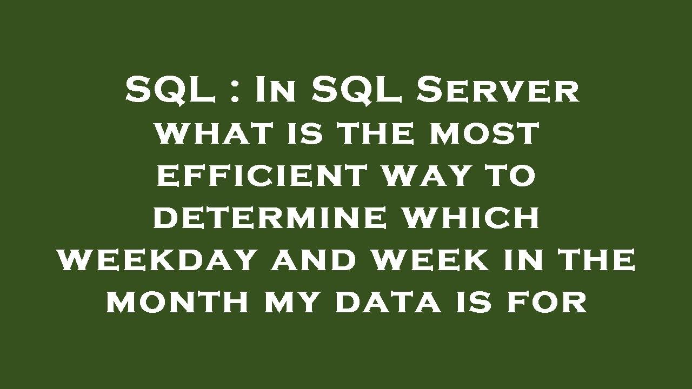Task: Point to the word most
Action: tap(484, 133)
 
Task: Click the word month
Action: tap(178, 302)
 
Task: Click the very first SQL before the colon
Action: tap(169, 90)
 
